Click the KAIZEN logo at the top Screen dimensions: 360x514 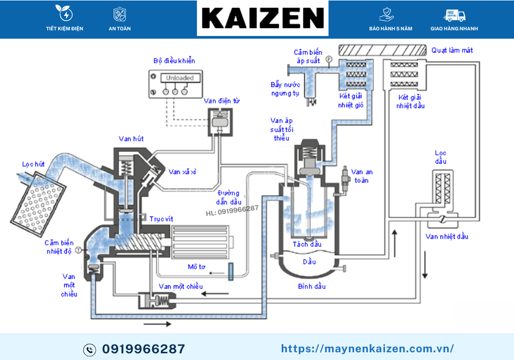coord(262,18)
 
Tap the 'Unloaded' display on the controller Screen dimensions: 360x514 coord(180,78)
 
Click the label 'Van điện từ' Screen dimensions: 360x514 coord(222,101)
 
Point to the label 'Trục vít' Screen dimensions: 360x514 coord(160,219)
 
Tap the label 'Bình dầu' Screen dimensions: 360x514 coord(311,286)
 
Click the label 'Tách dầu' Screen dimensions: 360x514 coord(307,244)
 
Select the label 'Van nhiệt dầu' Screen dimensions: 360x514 coord(447,237)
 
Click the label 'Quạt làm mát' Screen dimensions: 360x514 coord(452,50)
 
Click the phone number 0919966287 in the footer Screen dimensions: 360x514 coord(143,349)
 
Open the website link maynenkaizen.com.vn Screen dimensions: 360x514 coord(368,349)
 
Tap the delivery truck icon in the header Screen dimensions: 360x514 coord(454,15)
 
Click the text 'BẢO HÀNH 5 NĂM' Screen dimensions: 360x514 coord(391,29)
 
